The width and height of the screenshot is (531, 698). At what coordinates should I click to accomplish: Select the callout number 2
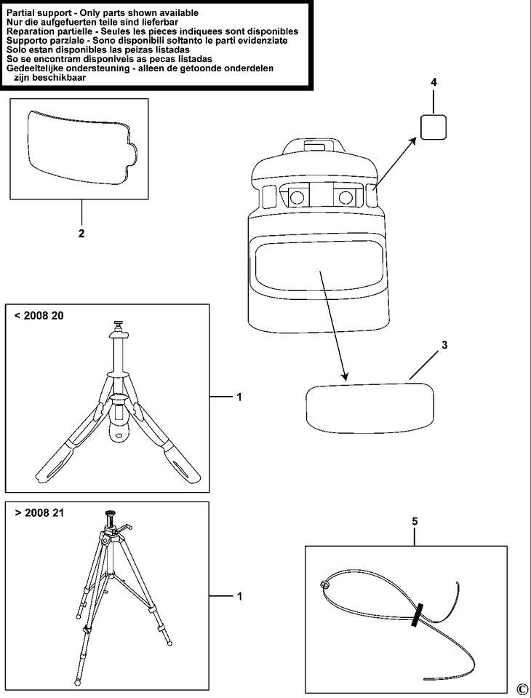81,234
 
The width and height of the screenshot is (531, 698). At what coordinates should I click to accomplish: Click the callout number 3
444,346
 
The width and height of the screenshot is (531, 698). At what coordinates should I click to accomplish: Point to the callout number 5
415,521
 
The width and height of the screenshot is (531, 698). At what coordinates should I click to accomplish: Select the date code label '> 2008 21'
39,512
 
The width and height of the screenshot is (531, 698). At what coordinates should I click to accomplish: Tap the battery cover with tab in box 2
79,146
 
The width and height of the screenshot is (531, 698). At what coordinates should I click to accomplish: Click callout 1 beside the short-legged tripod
239,397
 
